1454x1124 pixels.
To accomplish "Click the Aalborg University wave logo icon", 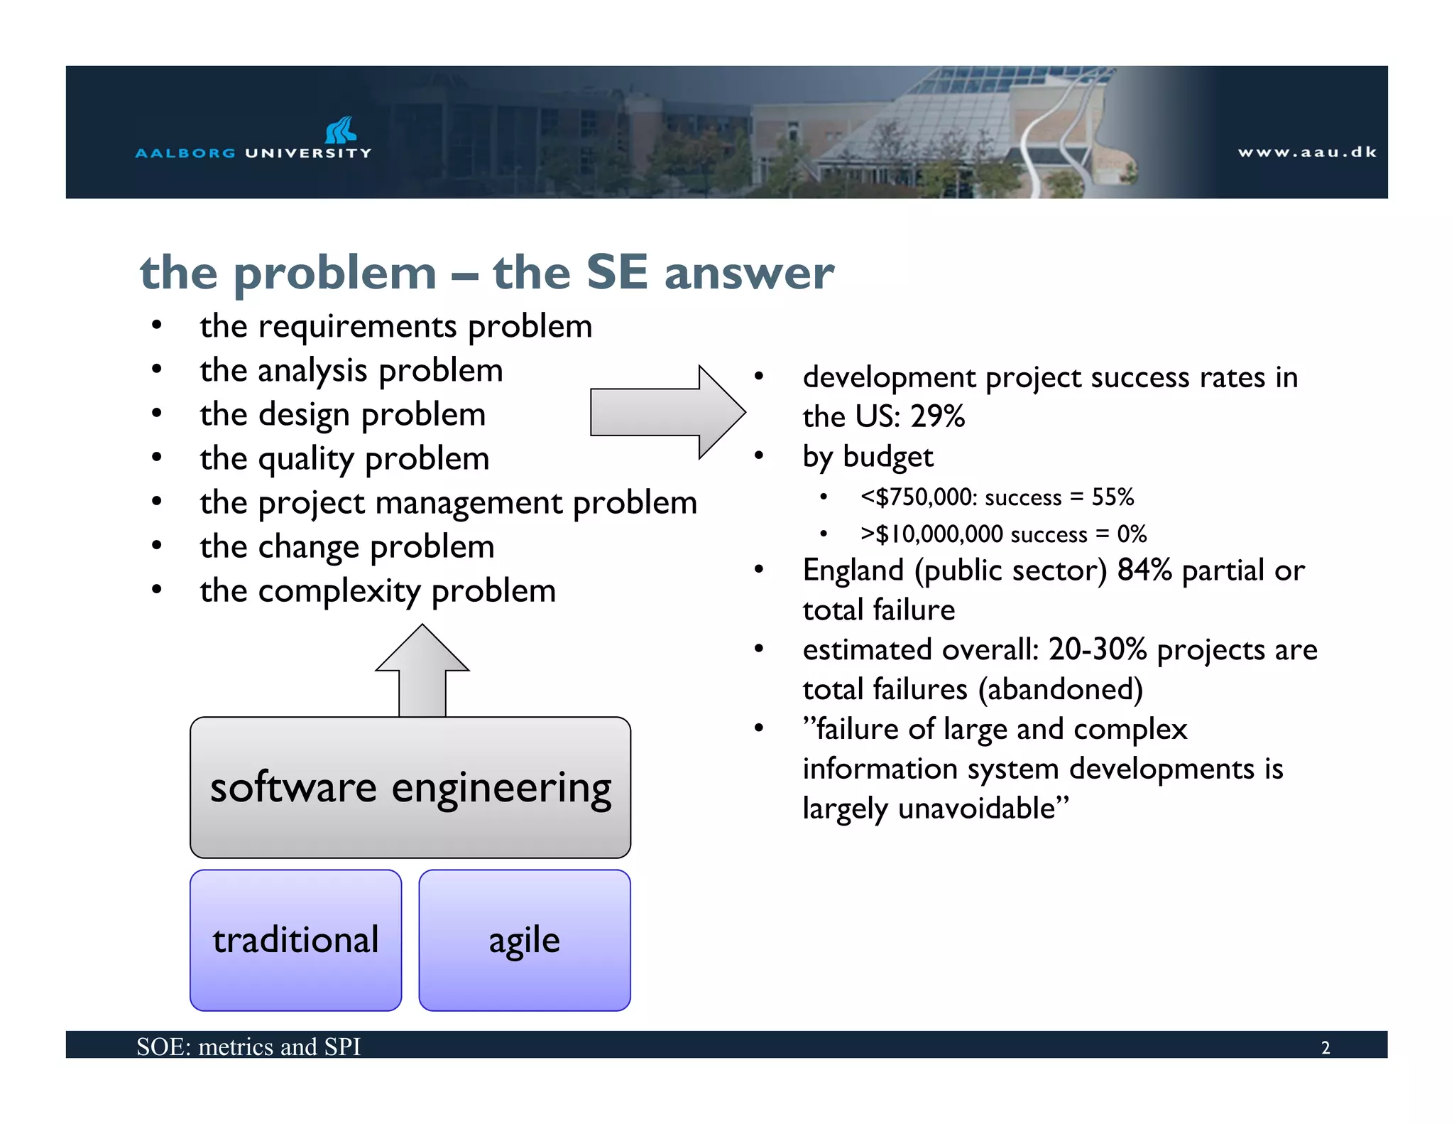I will tap(340, 131).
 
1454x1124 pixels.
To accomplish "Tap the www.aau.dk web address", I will tap(1307, 152).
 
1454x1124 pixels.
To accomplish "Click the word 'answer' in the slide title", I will tap(749, 273).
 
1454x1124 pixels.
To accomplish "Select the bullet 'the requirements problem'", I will tap(395, 327).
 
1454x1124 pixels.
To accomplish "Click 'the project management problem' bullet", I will tap(448, 503).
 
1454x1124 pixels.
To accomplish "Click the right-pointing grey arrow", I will tap(667, 412).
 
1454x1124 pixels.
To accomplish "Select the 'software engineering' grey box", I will tap(410, 787).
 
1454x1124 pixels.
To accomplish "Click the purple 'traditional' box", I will tap(295, 940).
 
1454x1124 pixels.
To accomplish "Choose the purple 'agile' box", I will tap(525, 940).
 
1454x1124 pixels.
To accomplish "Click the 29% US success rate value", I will tap(937, 416).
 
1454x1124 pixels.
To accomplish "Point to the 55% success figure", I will tap(1113, 497).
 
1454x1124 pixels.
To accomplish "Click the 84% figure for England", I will tap(1144, 570).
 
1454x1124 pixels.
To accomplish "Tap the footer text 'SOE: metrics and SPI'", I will tap(248, 1047).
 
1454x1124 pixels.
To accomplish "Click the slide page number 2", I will tap(1325, 1048).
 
